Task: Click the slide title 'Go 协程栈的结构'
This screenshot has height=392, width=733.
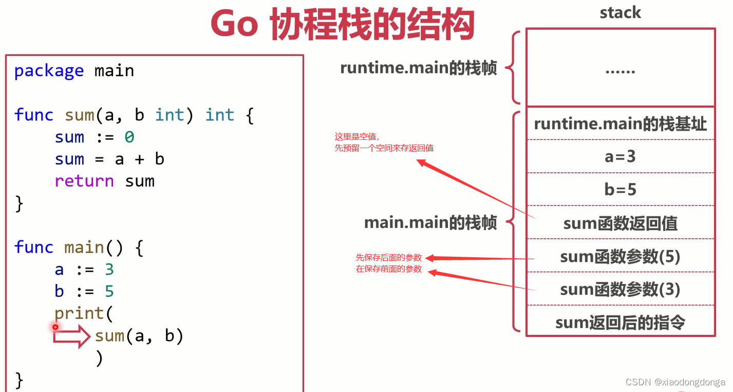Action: click(342, 25)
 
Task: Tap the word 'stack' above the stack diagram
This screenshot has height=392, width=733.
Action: click(620, 12)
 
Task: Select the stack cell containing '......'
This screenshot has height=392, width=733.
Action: click(620, 68)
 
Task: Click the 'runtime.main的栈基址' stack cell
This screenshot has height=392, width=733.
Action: click(620, 124)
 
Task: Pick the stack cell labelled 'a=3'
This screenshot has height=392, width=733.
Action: click(620, 156)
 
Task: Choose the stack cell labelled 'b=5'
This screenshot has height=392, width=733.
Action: click(620, 190)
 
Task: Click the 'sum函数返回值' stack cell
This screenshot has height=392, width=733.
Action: click(620, 223)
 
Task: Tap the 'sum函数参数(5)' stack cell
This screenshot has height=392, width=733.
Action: click(620, 256)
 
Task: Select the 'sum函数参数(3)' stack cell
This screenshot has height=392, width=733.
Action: click(620, 289)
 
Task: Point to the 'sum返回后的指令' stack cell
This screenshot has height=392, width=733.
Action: click(620, 322)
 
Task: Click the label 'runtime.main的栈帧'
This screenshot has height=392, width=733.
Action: click(418, 68)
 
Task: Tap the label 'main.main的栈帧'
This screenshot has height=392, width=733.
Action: click(430, 223)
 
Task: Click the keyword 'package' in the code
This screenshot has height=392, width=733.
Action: click(49, 70)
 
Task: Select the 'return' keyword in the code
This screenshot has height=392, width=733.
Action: click(84, 181)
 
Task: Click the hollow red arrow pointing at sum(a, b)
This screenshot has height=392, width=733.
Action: click(72, 336)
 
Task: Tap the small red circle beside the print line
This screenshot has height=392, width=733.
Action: click(55, 327)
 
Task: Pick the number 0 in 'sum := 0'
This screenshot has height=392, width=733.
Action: click(129, 137)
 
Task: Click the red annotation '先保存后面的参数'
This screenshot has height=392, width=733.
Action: click(389, 258)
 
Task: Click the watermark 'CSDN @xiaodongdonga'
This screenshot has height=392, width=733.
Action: click(675, 382)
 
